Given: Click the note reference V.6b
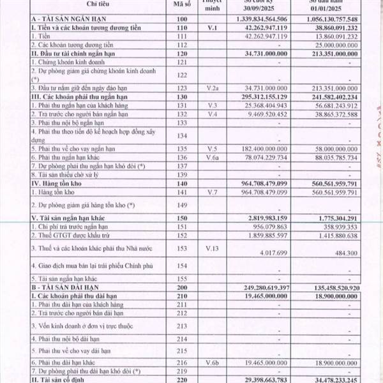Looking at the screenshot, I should point(214,362).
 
